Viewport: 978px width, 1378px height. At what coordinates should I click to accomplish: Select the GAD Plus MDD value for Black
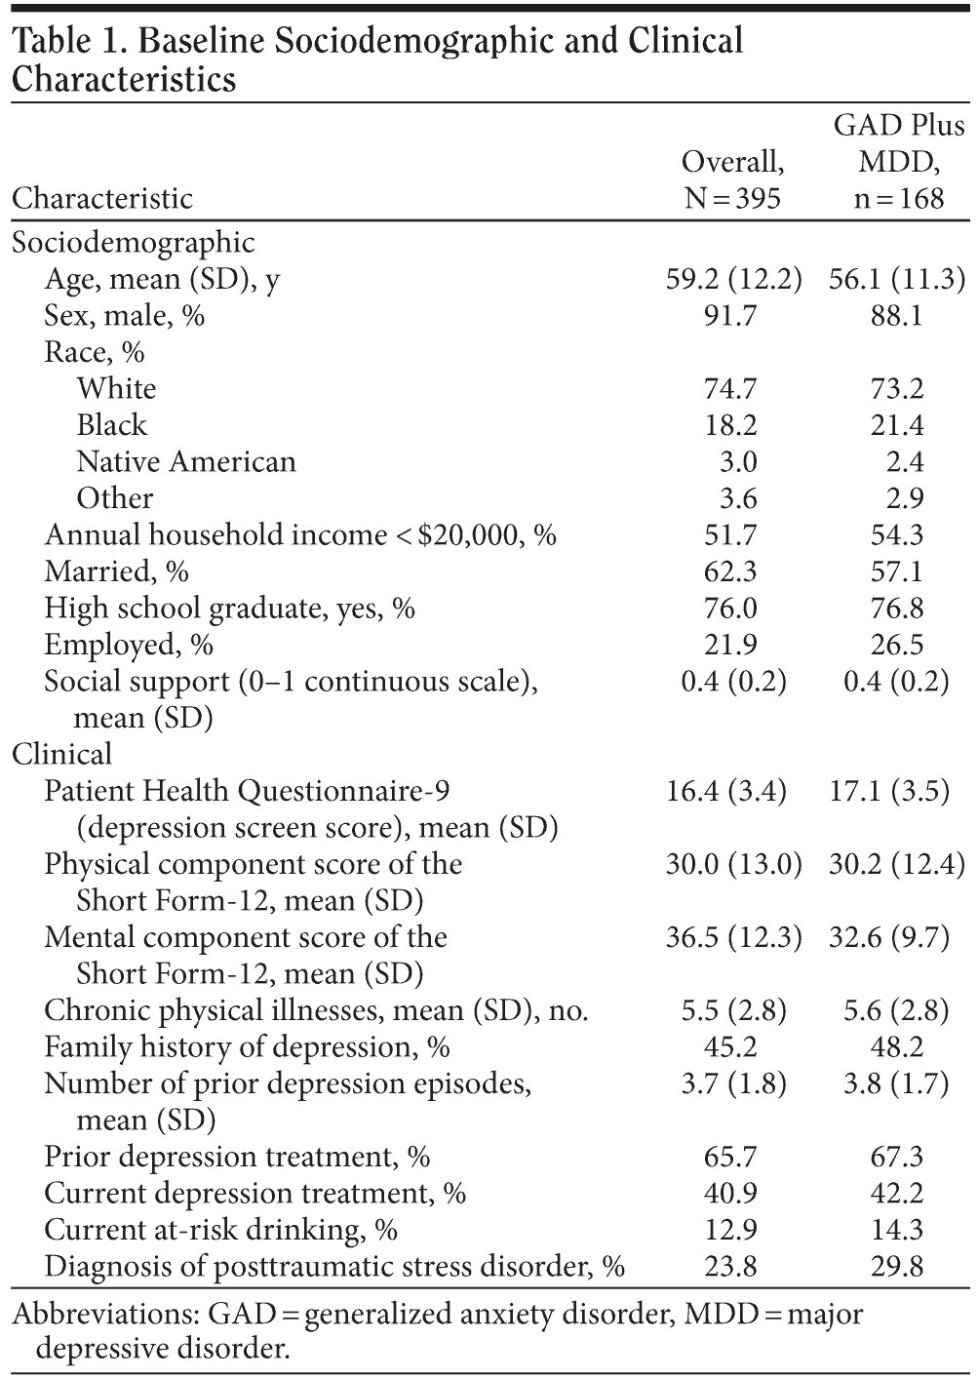(897, 425)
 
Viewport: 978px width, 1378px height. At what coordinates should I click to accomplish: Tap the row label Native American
(186, 461)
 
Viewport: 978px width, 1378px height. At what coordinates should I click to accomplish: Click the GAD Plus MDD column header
(898, 162)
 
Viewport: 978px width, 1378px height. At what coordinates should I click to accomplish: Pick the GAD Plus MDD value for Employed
(897, 645)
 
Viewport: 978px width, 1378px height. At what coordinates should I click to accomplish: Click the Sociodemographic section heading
(134, 242)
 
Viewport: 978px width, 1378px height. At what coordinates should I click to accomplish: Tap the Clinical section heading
(61, 754)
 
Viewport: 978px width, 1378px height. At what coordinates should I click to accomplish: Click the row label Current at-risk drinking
(221, 1230)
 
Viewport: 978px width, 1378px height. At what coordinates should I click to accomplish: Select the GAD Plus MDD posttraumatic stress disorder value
(897, 1267)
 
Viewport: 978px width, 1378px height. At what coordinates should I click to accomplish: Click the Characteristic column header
(102, 199)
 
